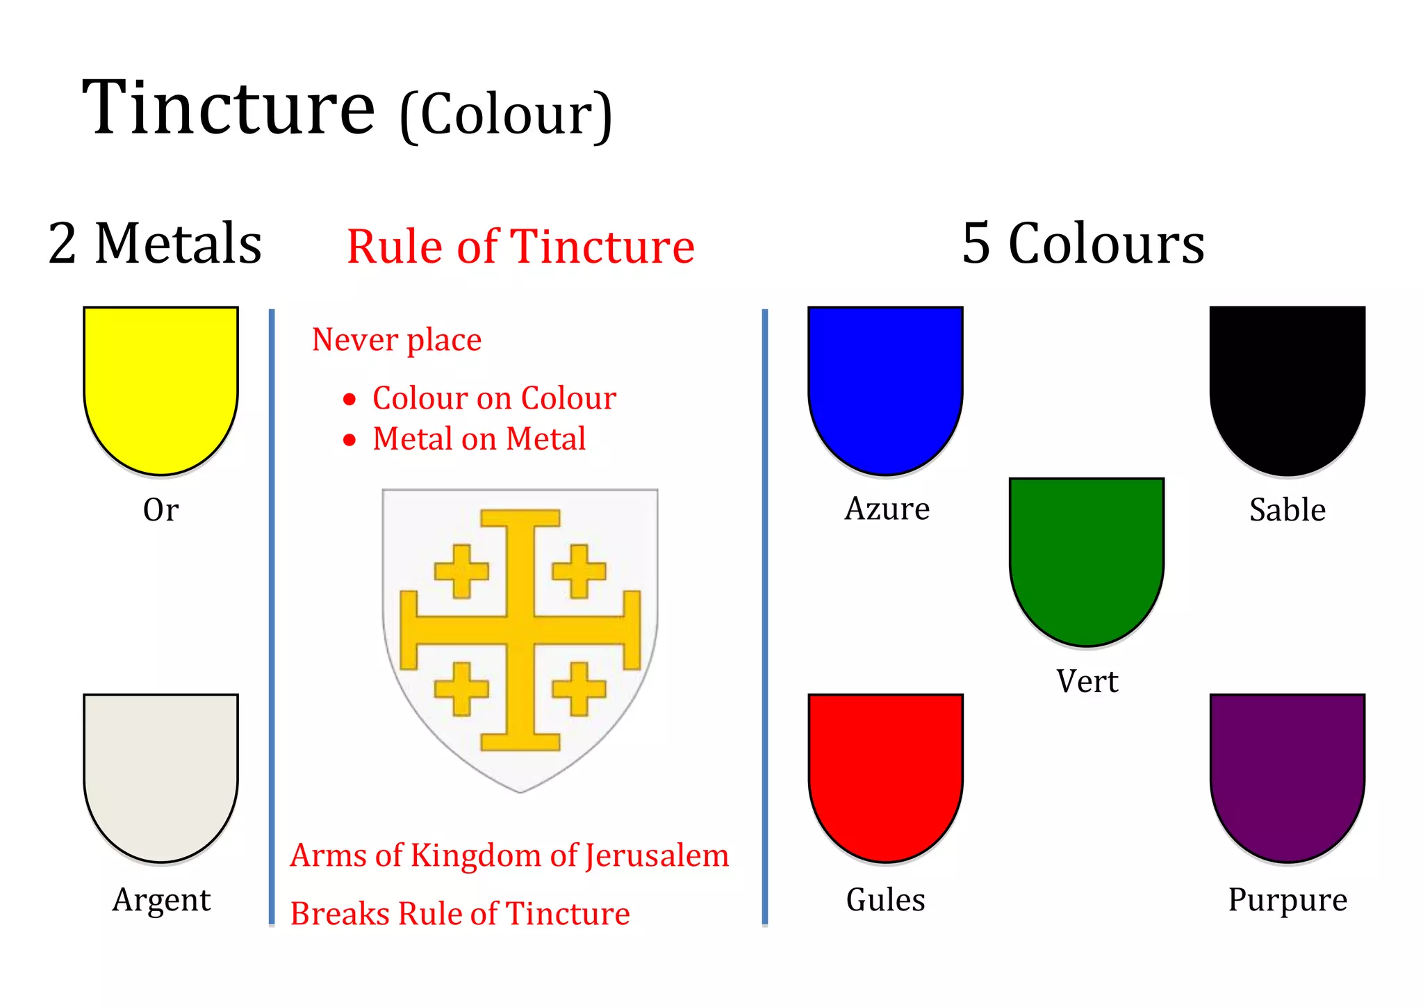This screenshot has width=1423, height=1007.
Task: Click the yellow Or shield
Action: click(161, 386)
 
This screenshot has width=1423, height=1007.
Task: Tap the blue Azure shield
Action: click(885, 386)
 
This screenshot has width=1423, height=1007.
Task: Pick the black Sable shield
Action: click(1287, 386)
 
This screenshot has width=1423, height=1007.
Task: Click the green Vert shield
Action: click(1086, 556)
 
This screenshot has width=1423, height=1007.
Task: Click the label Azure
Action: click(887, 509)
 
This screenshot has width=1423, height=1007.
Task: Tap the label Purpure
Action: click(1287, 900)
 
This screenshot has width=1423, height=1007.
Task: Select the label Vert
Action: click(1087, 681)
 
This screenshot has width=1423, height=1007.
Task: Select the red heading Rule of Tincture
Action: click(520, 247)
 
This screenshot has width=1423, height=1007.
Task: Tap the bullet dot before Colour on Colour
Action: click(349, 399)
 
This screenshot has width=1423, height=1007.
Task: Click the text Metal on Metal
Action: click(479, 439)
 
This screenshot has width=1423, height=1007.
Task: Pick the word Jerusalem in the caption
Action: click(657, 855)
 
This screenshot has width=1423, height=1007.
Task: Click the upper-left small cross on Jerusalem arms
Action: click(461, 571)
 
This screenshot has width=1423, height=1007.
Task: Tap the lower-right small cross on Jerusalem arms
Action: click(579, 689)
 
